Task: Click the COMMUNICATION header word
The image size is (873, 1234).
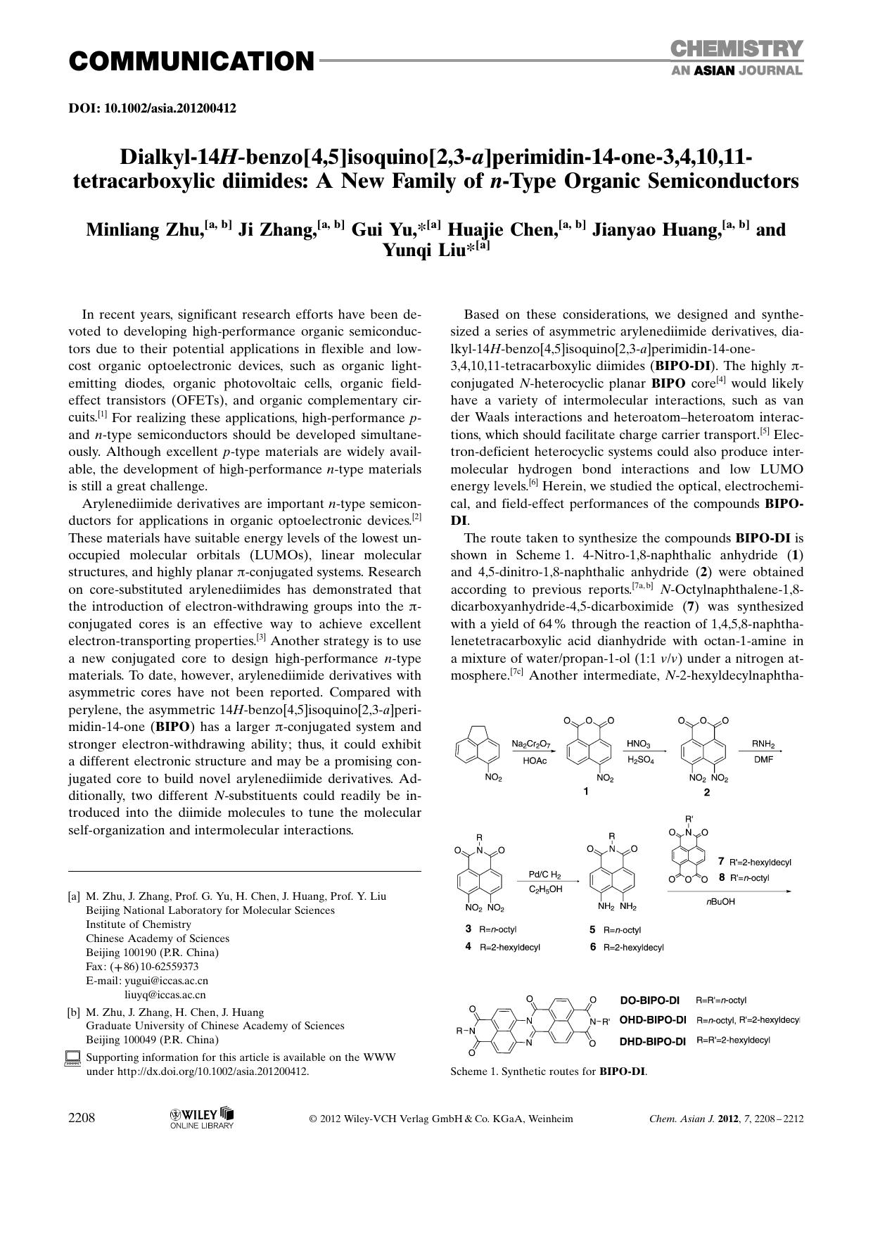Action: pyautogui.click(x=191, y=62)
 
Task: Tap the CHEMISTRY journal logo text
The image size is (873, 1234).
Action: pyautogui.click(x=736, y=49)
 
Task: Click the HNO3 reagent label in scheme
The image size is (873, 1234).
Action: pyautogui.click(x=639, y=744)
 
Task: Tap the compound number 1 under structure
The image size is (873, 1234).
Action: pyautogui.click(x=586, y=791)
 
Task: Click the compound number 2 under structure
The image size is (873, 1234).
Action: pyautogui.click(x=707, y=791)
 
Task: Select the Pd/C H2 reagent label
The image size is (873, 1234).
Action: pyautogui.click(x=545, y=874)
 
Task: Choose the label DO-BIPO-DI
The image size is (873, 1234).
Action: pyautogui.click(x=650, y=1000)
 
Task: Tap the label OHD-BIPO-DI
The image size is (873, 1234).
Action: pyautogui.click(x=652, y=1020)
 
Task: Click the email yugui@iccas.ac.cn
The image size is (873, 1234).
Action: pyautogui.click(x=167, y=981)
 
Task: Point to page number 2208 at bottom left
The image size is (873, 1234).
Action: pyautogui.click(x=82, y=1119)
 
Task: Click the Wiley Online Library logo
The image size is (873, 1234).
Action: pyautogui.click(x=201, y=1118)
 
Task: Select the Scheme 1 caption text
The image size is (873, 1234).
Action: pyautogui.click(x=549, y=1072)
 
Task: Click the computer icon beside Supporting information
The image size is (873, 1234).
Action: pyautogui.click(x=73, y=1058)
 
